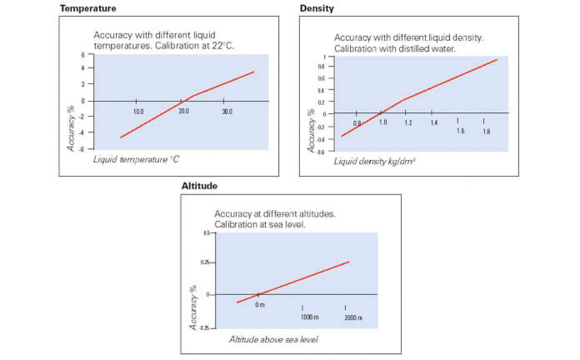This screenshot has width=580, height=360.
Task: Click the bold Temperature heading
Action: tap(88, 8)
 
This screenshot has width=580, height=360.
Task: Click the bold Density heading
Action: tap(317, 8)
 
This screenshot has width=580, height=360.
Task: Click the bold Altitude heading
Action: tap(199, 186)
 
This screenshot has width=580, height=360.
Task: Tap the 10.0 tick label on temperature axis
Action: tap(138, 112)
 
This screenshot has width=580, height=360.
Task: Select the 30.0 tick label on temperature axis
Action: tap(227, 112)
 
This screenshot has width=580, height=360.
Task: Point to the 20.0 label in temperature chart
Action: tap(184, 112)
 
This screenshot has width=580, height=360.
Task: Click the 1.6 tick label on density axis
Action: tap(460, 131)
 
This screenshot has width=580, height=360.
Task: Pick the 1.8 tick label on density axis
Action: tap(486, 132)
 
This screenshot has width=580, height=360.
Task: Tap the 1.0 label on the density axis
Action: tap(383, 122)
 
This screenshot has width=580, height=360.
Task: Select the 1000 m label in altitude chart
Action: tap(310, 317)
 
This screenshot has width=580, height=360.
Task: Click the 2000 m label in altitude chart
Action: tap(353, 317)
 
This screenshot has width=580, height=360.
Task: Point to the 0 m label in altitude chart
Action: tap(260, 305)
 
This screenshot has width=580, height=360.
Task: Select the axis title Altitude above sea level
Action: tap(273, 340)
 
